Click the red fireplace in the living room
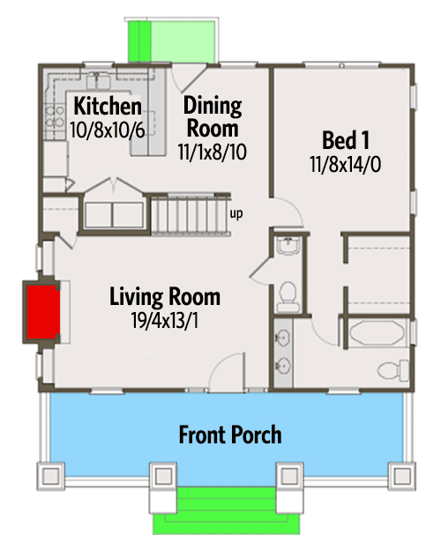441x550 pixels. (x=43, y=312)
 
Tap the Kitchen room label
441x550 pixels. (x=108, y=106)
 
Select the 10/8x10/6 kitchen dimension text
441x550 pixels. (x=107, y=130)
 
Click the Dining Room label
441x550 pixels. (x=213, y=116)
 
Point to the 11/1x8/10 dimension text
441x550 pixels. (x=212, y=152)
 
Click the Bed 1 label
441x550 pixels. (x=346, y=140)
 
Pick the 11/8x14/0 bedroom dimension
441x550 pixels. (x=345, y=165)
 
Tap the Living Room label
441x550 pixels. (x=165, y=297)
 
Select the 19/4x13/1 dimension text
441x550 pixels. (x=164, y=320)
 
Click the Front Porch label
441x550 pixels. (x=230, y=435)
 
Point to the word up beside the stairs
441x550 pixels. (x=236, y=213)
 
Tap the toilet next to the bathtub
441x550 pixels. (x=392, y=369)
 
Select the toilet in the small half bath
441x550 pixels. (x=288, y=297)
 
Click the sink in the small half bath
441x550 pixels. (x=288, y=245)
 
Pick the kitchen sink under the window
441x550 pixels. (x=98, y=81)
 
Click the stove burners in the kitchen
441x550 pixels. (x=55, y=117)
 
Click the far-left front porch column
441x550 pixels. (x=51, y=476)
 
